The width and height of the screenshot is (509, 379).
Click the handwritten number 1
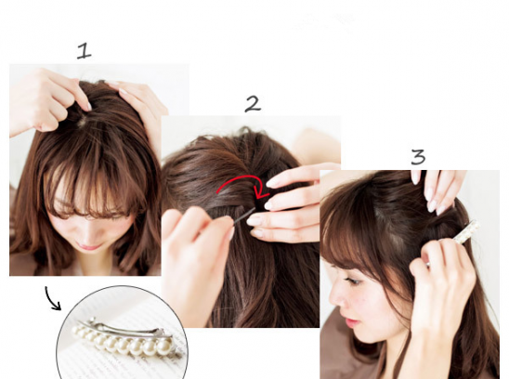[85, 52]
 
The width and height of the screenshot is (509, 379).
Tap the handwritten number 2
[253, 104]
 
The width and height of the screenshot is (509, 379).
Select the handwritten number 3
[418, 157]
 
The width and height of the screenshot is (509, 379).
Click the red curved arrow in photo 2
[241, 178]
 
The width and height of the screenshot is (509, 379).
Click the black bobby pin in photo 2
[244, 216]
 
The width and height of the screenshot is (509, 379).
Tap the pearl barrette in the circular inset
[126, 338]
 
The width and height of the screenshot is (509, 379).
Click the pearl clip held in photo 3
[466, 232]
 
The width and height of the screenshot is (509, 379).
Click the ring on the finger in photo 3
[428, 265]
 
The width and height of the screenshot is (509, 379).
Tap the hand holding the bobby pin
[195, 254]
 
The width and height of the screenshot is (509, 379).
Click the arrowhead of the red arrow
[262, 192]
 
